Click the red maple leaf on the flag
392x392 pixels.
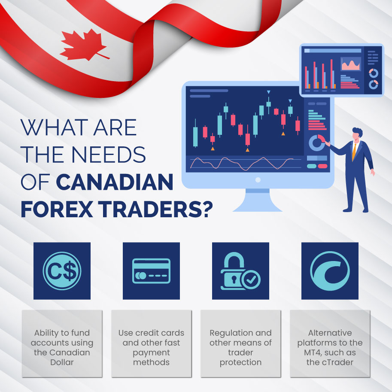tap(84, 46)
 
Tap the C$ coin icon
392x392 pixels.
tap(62, 271)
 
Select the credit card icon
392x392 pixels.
tap(151, 271)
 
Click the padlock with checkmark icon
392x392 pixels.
tap(240, 271)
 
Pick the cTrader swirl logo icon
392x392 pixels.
tap(330, 271)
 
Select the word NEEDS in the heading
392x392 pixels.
tap(109, 155)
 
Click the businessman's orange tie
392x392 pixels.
tap(354, 152)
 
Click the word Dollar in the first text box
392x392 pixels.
tap(62, 362)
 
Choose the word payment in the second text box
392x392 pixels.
tap(151, 353)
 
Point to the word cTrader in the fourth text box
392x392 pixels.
tap(337, 362)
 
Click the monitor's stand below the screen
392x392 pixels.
tap(258, 200)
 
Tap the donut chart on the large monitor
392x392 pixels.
tap(317, 143)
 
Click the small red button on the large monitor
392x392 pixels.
tap(322, 166)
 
